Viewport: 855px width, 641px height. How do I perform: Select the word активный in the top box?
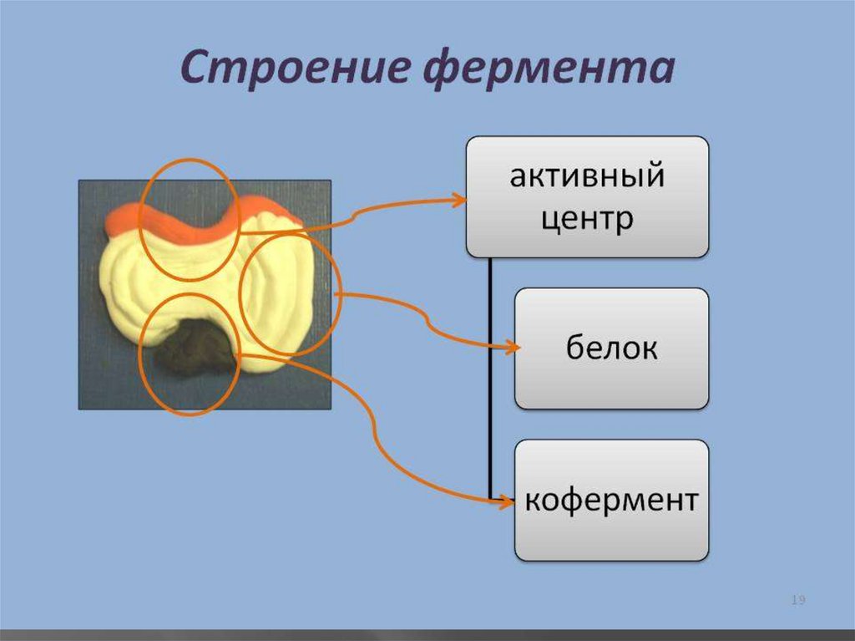point(587,177)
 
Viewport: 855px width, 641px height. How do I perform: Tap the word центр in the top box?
point(587,219)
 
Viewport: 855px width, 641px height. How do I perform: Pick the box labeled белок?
point(611,348)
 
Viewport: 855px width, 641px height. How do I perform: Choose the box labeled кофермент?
point(611,501)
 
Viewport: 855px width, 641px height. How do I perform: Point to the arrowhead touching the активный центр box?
point(458,200)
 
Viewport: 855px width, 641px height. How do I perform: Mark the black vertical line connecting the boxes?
point(490,376)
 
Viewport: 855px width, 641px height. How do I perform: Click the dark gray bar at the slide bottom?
point(427,635)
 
